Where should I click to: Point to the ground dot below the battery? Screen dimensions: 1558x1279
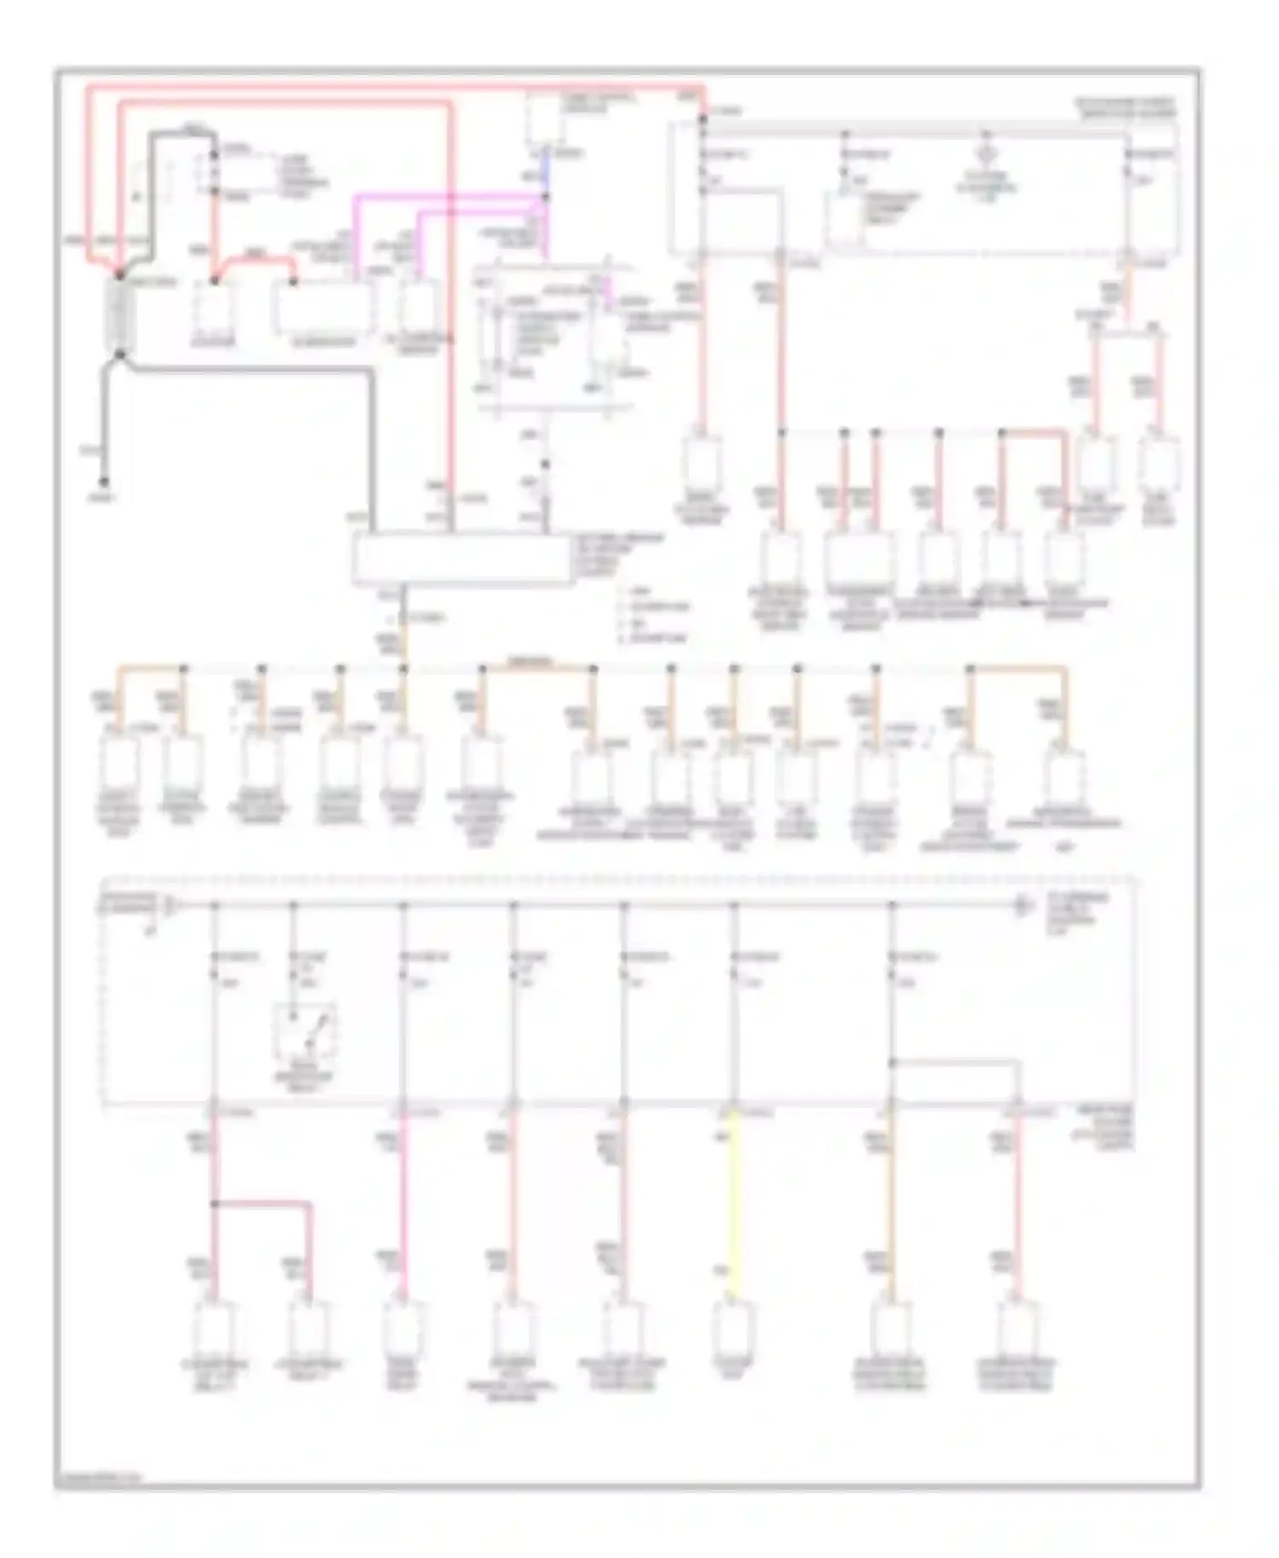[x=105, y=482]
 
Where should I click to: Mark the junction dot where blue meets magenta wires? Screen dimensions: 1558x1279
[x=547, y=197]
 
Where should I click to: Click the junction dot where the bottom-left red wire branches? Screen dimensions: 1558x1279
[x=214, y=1204]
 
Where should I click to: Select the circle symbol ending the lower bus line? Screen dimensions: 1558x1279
[x=1021, y=907]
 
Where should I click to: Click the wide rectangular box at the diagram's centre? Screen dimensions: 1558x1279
[x=464, y=559]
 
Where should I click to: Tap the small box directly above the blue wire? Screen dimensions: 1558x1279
[x=543, y=118]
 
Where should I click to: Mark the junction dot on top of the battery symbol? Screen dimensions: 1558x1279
[x=119, y=275]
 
